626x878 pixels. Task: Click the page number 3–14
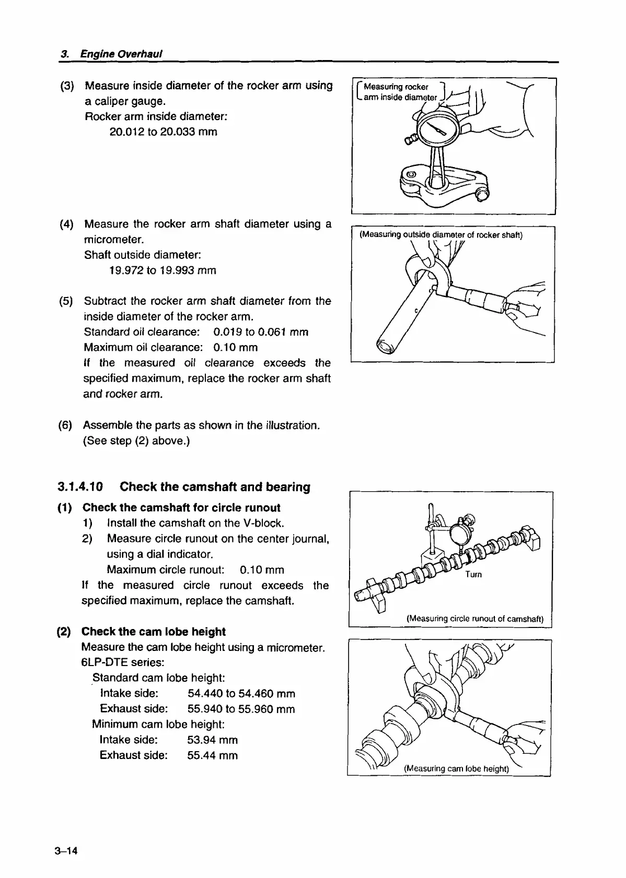coord(65,851)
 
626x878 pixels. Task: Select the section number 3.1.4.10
coord(80,487)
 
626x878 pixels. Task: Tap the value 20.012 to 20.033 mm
coord(163,132)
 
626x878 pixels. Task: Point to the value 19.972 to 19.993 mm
coord(163,270)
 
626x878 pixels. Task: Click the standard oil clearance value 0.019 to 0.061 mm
coord(261,332)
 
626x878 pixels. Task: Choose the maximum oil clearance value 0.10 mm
coord(236,348)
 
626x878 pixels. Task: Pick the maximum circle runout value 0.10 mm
coord(262,569)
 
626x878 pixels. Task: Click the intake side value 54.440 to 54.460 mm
coord(241,694)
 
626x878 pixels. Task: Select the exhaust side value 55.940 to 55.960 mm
coord(241,709)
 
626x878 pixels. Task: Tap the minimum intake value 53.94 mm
coord(212,740)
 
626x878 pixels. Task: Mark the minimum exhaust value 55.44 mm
coord(212,755)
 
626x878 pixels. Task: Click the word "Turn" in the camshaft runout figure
coord(473,575)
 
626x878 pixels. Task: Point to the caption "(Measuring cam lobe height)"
coord(456,768)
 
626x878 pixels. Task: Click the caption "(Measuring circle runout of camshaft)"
coord(475,619)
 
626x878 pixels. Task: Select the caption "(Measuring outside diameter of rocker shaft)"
coord(441,235)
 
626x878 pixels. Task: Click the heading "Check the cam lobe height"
coord(154,632)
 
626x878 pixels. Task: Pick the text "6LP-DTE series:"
coord(123,662)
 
